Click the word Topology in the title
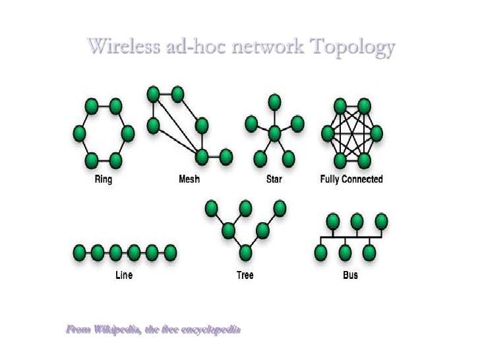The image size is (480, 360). click(353, 47)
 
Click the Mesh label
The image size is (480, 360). click(189, 179)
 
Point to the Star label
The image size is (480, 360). click(274, 179)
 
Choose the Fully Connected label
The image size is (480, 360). click(351, 179)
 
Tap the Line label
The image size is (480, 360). click(123, 275)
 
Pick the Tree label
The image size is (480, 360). click(245, 275)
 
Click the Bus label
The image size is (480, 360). click(351, 275)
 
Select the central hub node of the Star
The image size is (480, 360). click(274, 134)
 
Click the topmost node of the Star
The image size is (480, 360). click(274, 102)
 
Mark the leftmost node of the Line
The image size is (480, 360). click(80, 251)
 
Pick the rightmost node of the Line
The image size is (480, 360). click(170, 251)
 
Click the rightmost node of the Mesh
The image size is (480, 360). click(225, 157)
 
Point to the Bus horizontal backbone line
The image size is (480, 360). click(349, 235)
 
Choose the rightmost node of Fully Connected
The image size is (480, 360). click(376, 134)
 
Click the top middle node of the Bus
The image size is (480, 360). click(357, 220)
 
